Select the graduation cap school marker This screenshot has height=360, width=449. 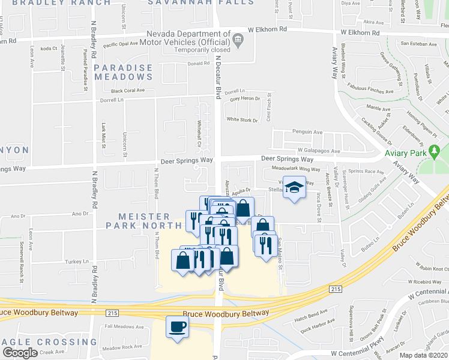(294, 189)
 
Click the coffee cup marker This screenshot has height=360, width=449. (177, 327)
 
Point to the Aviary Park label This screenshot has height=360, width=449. (405, 154)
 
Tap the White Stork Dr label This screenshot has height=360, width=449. (242, 120)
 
